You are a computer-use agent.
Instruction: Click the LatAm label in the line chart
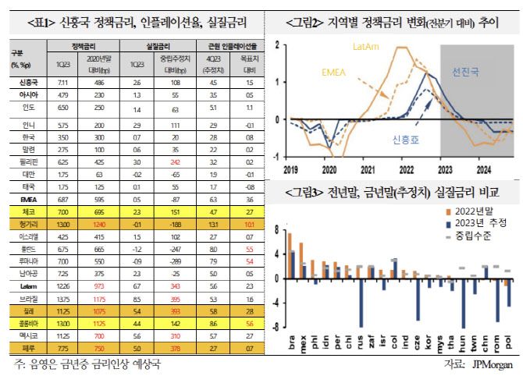point(368,48)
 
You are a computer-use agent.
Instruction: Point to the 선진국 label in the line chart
point(467,73)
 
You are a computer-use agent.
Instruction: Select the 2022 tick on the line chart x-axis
point(407,167)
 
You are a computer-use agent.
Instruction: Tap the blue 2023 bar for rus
point(361,301)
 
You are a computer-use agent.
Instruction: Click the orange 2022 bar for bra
point(290,254)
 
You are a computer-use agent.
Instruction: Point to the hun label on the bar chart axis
point(462,340)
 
